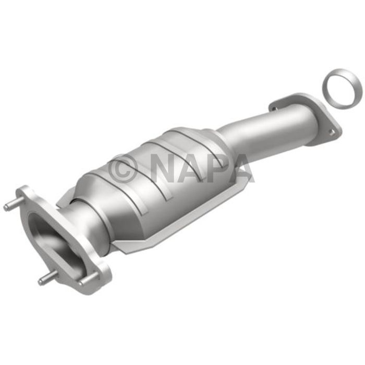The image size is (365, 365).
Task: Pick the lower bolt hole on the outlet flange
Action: tap(331, 132)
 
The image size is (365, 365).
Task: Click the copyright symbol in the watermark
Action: tap(124, 167)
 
